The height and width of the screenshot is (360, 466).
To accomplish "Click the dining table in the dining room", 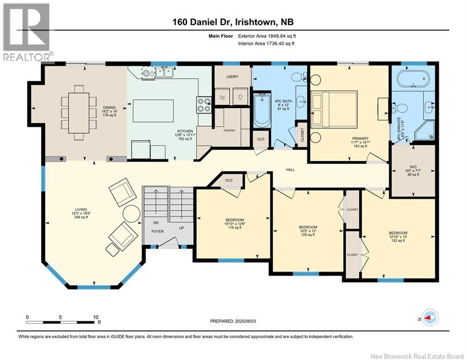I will (78, 112).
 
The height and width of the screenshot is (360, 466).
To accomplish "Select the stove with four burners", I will (203, 105).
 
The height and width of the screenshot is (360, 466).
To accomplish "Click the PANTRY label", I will (229, 131).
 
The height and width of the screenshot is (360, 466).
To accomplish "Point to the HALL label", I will (290, 169).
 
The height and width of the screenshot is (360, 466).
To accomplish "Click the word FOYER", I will (157, 231).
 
